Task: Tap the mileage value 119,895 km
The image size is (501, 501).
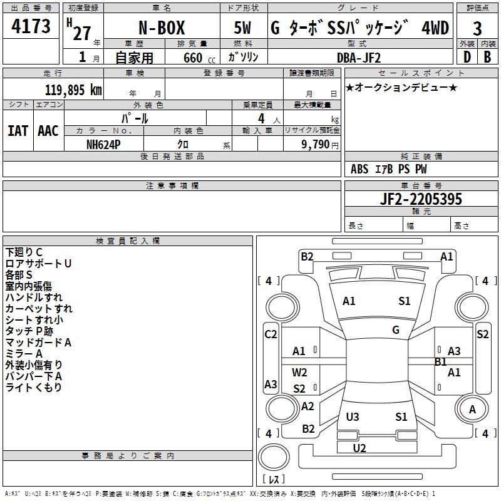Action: click(73, 90)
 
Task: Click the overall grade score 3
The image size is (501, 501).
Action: click(477, 29)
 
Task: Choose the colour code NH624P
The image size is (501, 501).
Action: click(104, 143)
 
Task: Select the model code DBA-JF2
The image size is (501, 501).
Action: click(359, 57)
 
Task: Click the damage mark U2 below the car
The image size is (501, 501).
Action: click(359, 448)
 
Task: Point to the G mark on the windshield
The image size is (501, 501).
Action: click(396, 330)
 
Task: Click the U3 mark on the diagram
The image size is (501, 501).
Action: click(353, 416)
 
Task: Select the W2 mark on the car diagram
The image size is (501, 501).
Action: click(300, 373)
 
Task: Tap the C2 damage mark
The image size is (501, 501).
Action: click(271, 334)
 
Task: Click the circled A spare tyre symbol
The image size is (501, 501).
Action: click(473, 410)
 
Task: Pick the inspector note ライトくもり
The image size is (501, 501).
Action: click(34, 388)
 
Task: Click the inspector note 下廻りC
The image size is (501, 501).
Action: click(24, 252)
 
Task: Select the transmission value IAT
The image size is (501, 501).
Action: click(18, 131)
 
